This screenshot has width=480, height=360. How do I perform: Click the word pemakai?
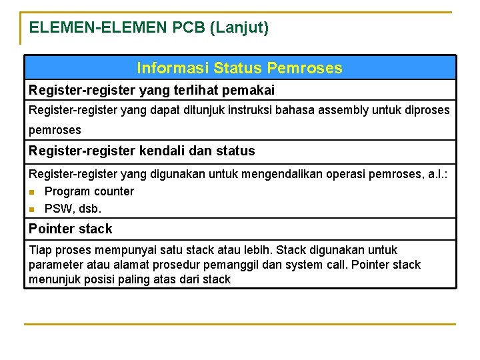click(250, 89)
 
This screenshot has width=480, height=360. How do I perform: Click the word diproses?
click(427, 110)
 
